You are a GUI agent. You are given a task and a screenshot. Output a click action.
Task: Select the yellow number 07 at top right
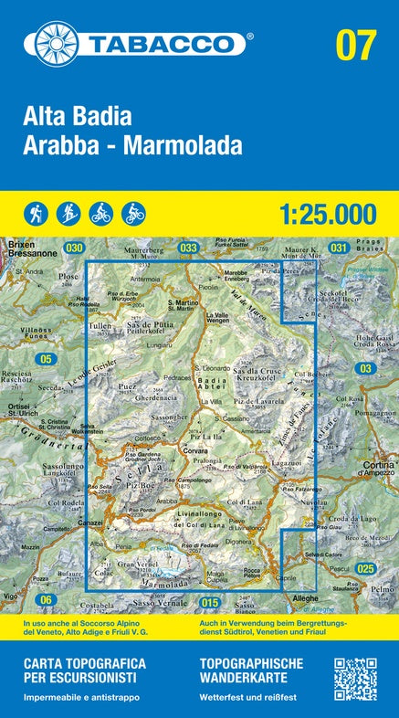pyautogui.click(x=355, y=43)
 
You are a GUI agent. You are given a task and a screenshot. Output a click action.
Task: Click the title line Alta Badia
pyautogui.click(x=79, y=117)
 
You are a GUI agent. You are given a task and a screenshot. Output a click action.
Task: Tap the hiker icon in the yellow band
pyautogui.click(x=36, y=213)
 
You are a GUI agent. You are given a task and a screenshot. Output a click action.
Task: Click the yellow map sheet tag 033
pyautogui.click(x=188, y=248)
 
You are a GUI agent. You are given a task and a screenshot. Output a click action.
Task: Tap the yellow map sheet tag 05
pyautogui.click(x=46, y=360)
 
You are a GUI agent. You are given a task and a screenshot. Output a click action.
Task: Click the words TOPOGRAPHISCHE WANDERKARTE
pyautogui.click(x=244, y=671)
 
